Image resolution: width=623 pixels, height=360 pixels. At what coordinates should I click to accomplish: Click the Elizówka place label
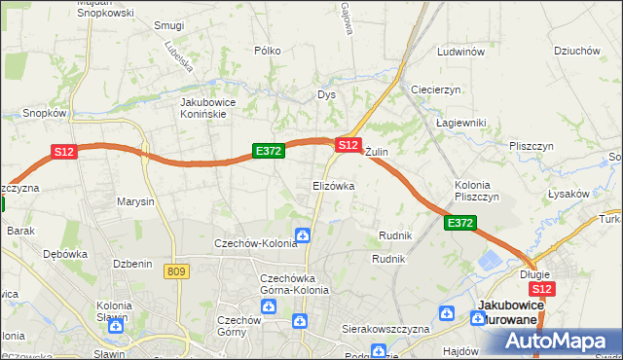coord(333,185)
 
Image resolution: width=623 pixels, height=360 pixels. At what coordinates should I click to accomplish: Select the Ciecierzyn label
coord(435,90)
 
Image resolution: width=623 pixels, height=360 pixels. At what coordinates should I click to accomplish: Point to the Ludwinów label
coord(460,51)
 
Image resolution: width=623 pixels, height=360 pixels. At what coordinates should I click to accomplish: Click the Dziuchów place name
coord(575,51)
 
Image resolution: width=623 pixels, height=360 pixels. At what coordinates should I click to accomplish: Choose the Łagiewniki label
coord(459,123)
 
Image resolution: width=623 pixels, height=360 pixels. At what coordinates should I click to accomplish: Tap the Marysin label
coord(135,202)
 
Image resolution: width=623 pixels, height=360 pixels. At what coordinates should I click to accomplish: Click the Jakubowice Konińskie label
coord(216,107)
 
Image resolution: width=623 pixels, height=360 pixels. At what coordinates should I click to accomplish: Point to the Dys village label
coord(326,94)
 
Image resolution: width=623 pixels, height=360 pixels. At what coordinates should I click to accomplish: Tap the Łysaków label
coord(568,194)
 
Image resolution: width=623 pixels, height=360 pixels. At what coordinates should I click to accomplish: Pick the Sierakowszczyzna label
coord(385,329)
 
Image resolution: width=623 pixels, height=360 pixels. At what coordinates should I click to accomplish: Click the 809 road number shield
coord(176,271)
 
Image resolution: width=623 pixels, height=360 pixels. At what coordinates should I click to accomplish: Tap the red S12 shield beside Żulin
coord(348,144)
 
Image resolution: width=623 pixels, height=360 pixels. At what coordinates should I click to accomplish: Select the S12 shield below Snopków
coord(63,152)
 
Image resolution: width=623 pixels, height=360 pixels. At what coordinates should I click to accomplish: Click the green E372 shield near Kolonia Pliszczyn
coord(460,224)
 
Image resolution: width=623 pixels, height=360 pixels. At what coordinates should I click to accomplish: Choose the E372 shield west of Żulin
coord(268,151)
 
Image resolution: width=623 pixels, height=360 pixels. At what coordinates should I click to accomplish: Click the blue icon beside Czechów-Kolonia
coord(304,235)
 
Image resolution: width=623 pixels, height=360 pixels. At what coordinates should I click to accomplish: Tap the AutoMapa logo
coord(555,341)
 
